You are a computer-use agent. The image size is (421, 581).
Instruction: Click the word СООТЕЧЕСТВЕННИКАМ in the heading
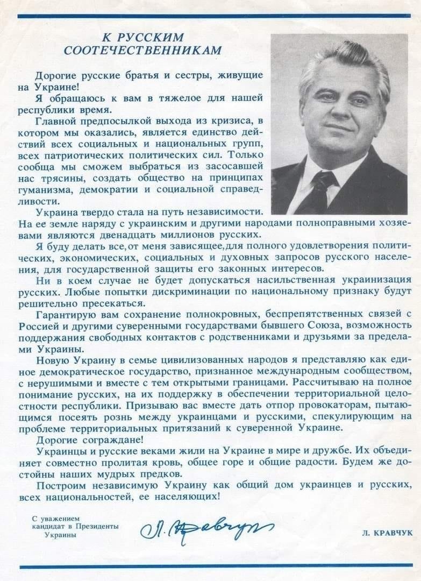click(x=142, y=50)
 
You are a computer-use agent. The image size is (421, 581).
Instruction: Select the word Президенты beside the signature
click(x=97, y=527)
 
